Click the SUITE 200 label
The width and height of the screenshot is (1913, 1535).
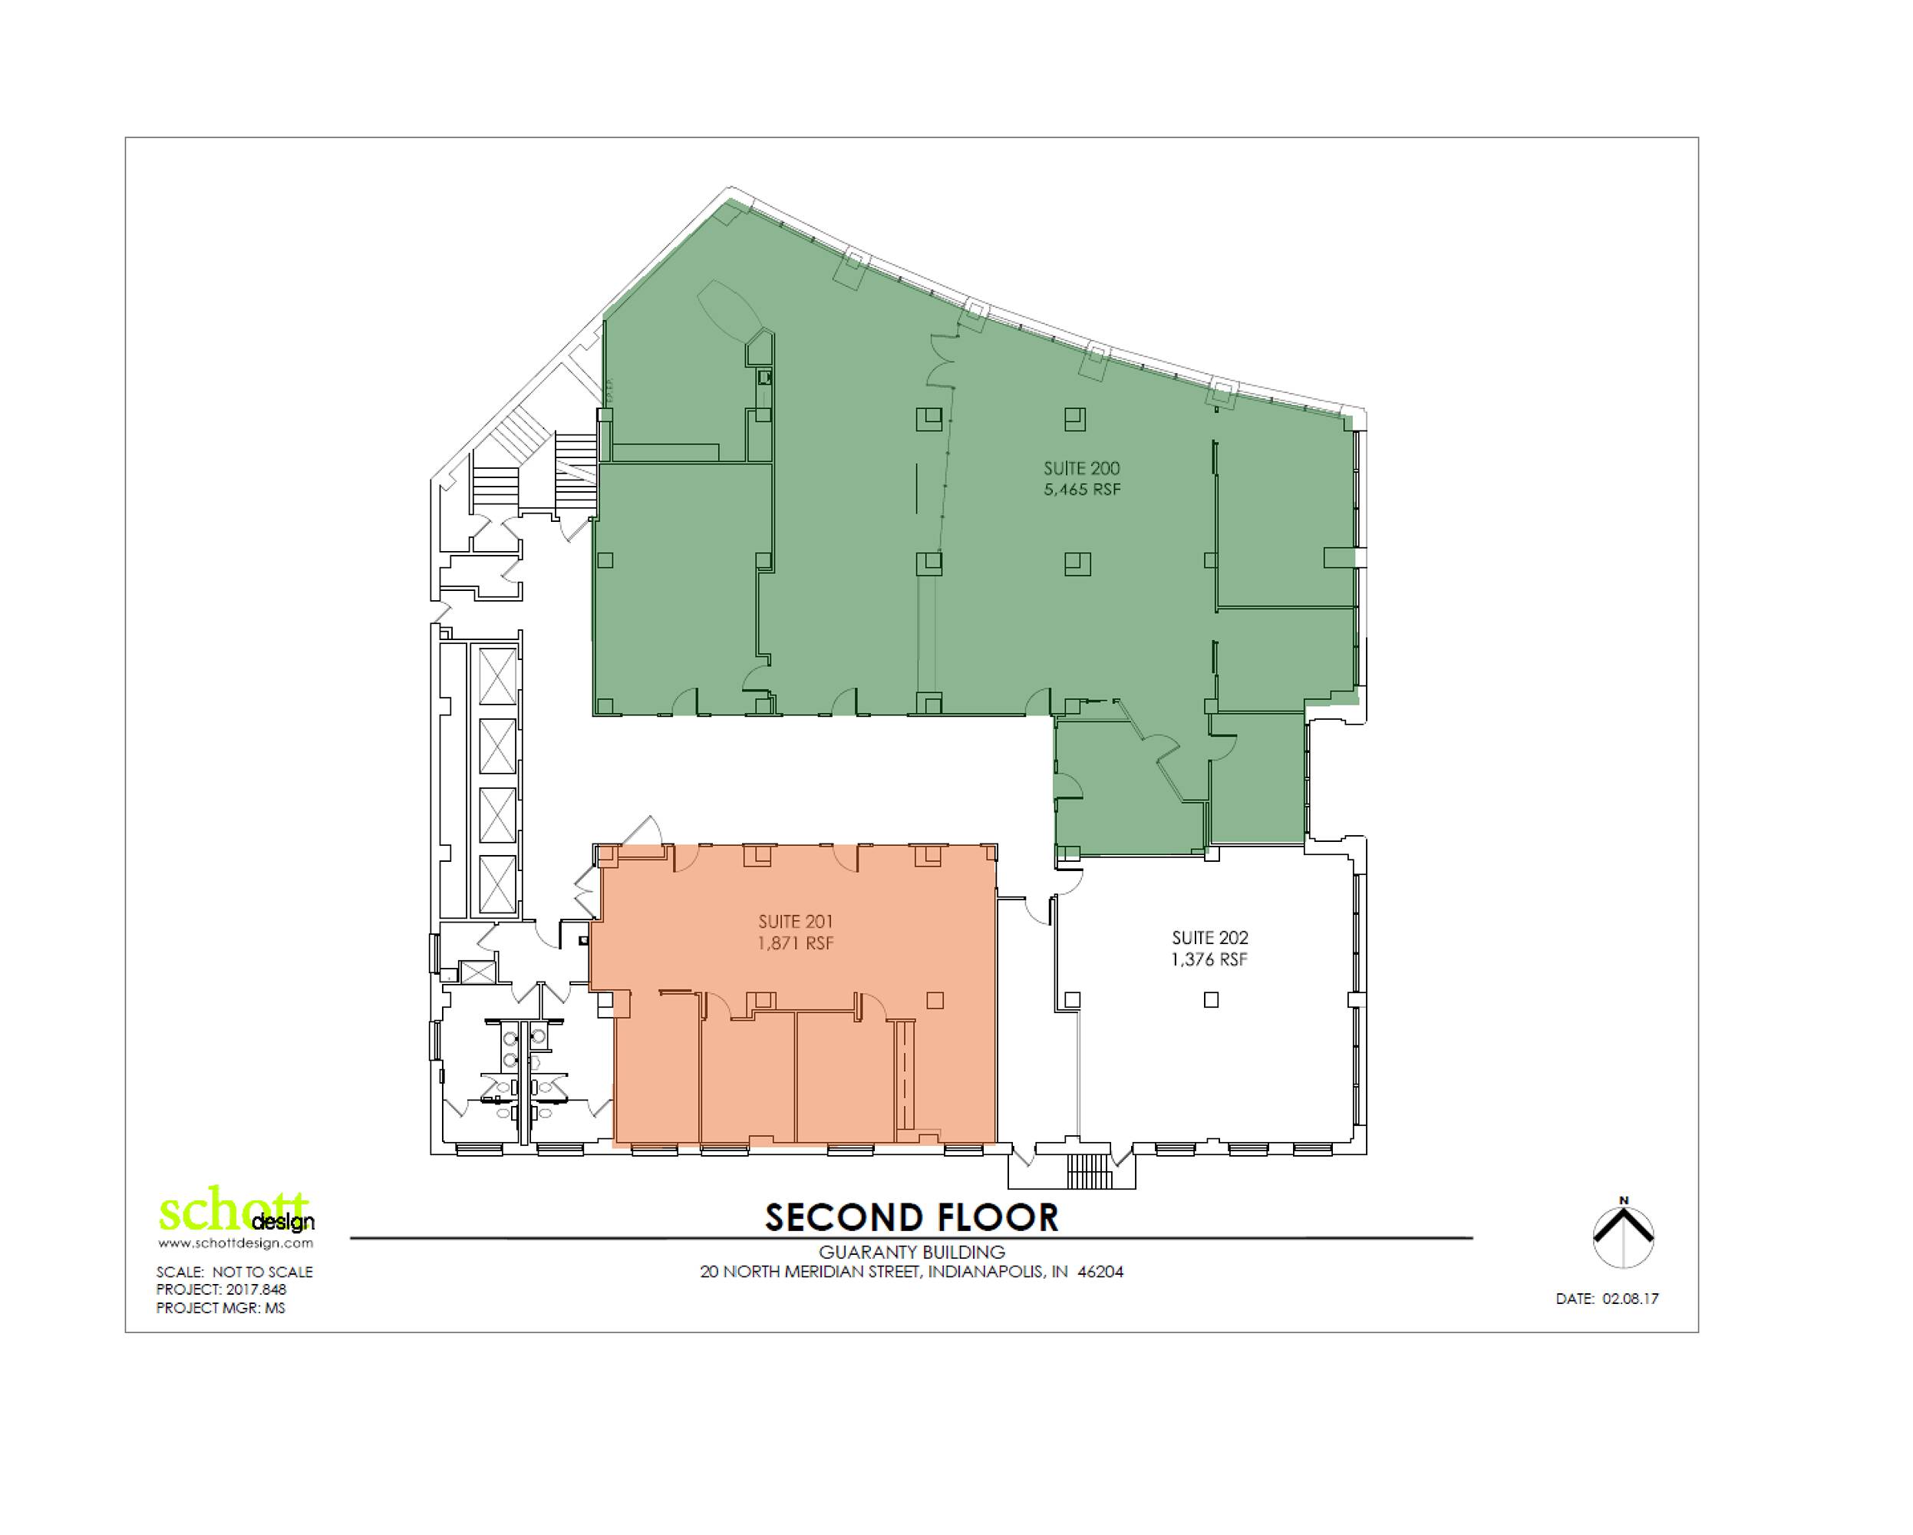tap(1082, 468)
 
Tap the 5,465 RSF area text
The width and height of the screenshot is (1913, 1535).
tap(1083, 490)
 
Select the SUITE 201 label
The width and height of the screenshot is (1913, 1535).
tap(795, 922)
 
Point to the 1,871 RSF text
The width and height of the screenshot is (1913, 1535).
tap(795, 943)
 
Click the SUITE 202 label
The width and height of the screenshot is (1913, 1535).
tap(1210, 938)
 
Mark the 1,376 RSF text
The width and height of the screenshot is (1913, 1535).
tap(1210, 959)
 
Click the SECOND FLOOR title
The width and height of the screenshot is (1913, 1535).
tap(912, 1217)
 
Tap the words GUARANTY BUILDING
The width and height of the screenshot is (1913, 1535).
tap(912, 1252)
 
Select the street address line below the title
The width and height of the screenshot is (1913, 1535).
tap(912, 1272)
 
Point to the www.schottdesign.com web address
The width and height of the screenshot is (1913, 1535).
tap(235, 1243)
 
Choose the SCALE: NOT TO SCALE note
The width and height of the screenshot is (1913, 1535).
tap(234, 1272)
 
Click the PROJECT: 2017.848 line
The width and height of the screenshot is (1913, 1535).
tap(221, 1289)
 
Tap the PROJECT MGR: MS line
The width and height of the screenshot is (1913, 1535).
tap(220, 1308)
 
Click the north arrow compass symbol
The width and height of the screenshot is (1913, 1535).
tap(1624, 1234)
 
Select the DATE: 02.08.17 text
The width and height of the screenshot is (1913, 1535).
tap(1607, 1298)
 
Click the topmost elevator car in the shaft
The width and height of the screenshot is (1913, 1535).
tap(497, 676)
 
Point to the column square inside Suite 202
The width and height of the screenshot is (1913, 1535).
tap(1211, 1000)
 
